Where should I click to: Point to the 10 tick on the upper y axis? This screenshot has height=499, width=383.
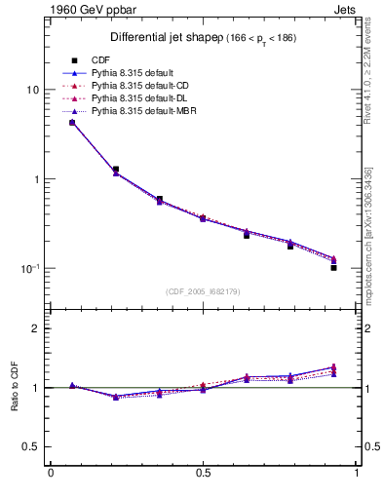(31, 90)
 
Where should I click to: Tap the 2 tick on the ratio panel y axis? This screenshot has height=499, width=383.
(34, 328)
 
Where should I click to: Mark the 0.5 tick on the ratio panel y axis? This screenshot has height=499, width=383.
(29, 447)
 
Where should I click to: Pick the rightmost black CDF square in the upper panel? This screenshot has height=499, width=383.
(333, 266)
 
